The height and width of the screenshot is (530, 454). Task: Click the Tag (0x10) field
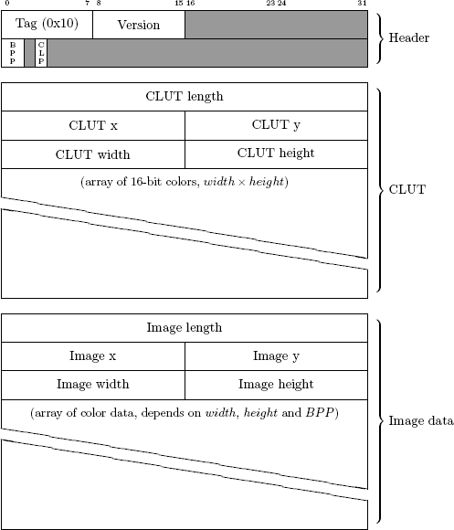coord(47,24)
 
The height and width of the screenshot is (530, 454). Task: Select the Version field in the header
coord(139,25)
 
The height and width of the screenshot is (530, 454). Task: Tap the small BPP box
coord(12,52)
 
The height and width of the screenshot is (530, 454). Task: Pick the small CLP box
coord(41,52)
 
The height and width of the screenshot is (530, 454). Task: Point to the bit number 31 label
coord(363,4)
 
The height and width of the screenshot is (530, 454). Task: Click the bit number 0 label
coord(6,4)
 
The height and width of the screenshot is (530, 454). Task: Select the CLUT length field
coord(184,96)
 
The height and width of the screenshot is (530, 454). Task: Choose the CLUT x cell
coord(92,125)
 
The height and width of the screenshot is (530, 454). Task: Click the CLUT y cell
coord(276,125)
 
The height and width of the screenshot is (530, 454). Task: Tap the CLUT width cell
coord(92,154)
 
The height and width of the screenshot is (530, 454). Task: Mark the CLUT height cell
coord(276,154)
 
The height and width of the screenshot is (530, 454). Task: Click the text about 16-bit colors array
coord(185,183)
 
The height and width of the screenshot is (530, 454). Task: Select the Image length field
coord(184,327)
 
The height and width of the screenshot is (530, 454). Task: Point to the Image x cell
coord(92,355)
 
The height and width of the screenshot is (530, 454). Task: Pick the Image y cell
coord(276,355)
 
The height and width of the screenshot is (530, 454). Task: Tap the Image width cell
coord(92,385)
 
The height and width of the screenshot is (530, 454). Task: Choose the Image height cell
coord(276,385)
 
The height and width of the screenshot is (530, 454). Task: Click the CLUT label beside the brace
coord(404,190)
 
